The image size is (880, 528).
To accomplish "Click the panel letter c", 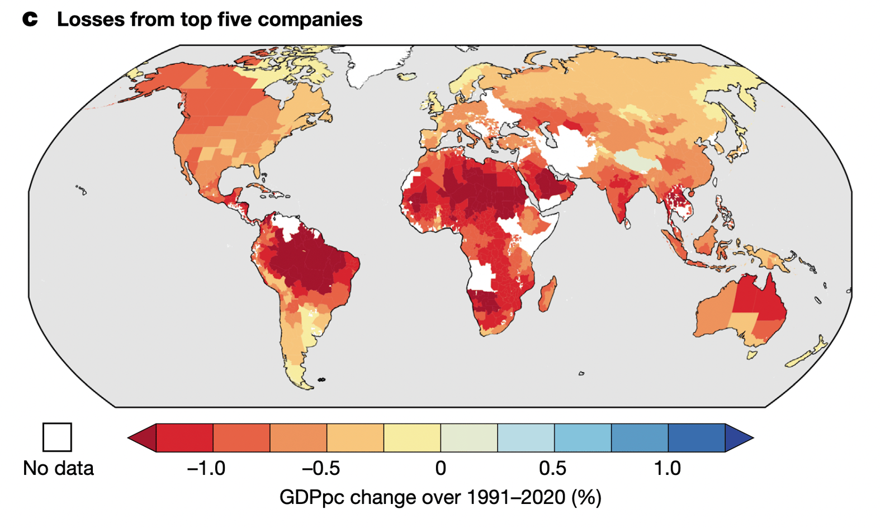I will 30,20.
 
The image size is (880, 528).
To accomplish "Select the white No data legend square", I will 57,437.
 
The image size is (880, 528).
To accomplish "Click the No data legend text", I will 58,468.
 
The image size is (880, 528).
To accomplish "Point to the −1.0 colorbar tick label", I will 206,468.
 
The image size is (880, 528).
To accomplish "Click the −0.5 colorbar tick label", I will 320,468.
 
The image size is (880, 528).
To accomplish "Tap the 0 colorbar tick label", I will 441,468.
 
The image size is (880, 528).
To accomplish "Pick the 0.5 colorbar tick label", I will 552,468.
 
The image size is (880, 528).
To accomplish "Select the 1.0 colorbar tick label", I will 667,468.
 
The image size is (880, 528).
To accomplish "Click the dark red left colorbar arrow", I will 143,437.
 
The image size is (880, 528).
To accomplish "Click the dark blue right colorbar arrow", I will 738,437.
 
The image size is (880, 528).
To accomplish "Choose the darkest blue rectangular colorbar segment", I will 696,437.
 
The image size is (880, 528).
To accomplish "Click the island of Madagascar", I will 547,294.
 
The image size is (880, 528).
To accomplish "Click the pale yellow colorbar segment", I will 412,437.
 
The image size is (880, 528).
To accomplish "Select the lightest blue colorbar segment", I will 526,437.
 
